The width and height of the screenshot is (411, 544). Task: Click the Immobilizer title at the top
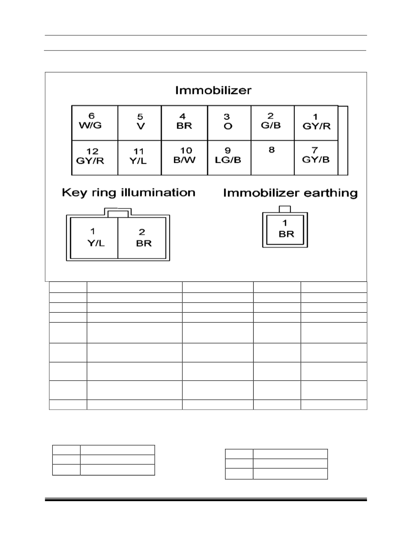213,90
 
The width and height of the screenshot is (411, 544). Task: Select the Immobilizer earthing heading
290,193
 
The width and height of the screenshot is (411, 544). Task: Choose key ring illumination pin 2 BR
142,238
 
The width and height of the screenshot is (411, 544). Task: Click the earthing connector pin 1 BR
285,229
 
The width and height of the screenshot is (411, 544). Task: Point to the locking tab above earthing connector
285,209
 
